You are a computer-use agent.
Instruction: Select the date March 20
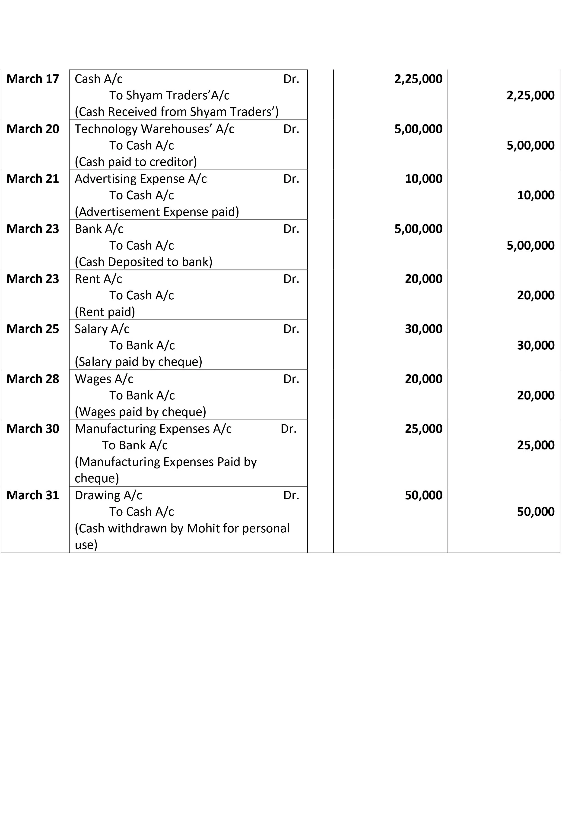pos(33,129)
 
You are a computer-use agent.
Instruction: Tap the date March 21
pos(33,179)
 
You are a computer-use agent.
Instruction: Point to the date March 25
pos(33,329)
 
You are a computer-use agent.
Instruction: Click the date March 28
pos(33,379)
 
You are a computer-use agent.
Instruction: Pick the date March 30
pos(33,429)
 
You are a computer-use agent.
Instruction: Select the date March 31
pos(33,495)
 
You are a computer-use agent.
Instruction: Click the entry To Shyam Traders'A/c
pos(169,95)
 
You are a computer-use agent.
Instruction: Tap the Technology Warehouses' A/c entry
pos(154,129)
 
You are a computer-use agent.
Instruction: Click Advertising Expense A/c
pos(141,179)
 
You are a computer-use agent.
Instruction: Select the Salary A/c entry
pos(102,329)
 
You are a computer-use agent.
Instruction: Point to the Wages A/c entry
pos(104,379)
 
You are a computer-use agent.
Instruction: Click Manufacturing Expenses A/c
pos(153,429)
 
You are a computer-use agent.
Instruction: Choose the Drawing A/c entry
pos(108,495)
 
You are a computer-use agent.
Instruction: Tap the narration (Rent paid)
pos(105,312)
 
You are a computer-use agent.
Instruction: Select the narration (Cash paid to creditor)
pos(136,162)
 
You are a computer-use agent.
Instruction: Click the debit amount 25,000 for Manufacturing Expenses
pos(423,429)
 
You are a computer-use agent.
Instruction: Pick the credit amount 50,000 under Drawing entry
pos(535,512)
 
